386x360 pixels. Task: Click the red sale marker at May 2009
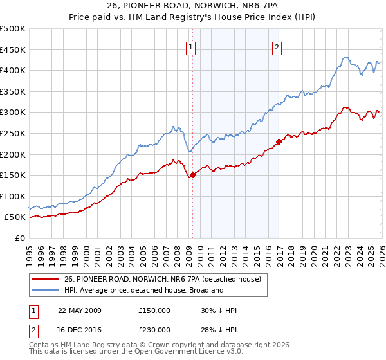(x=192, y=175)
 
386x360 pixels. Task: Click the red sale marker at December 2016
(x=279, y=141)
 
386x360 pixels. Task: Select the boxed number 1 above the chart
(x=192, y=46)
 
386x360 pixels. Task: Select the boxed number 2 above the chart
(x=277, y=46)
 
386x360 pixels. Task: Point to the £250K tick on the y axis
(x=13, y=133)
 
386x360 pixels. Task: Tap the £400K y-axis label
(x=13, y=70)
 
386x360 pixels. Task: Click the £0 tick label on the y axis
(x=19, y=238)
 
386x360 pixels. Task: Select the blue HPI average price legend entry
(x=143, y=290)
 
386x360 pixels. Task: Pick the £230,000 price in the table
(x=154, y=329)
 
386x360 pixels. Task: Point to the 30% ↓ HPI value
(x=219, y=310)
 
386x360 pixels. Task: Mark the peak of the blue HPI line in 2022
(x=345, y=57)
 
